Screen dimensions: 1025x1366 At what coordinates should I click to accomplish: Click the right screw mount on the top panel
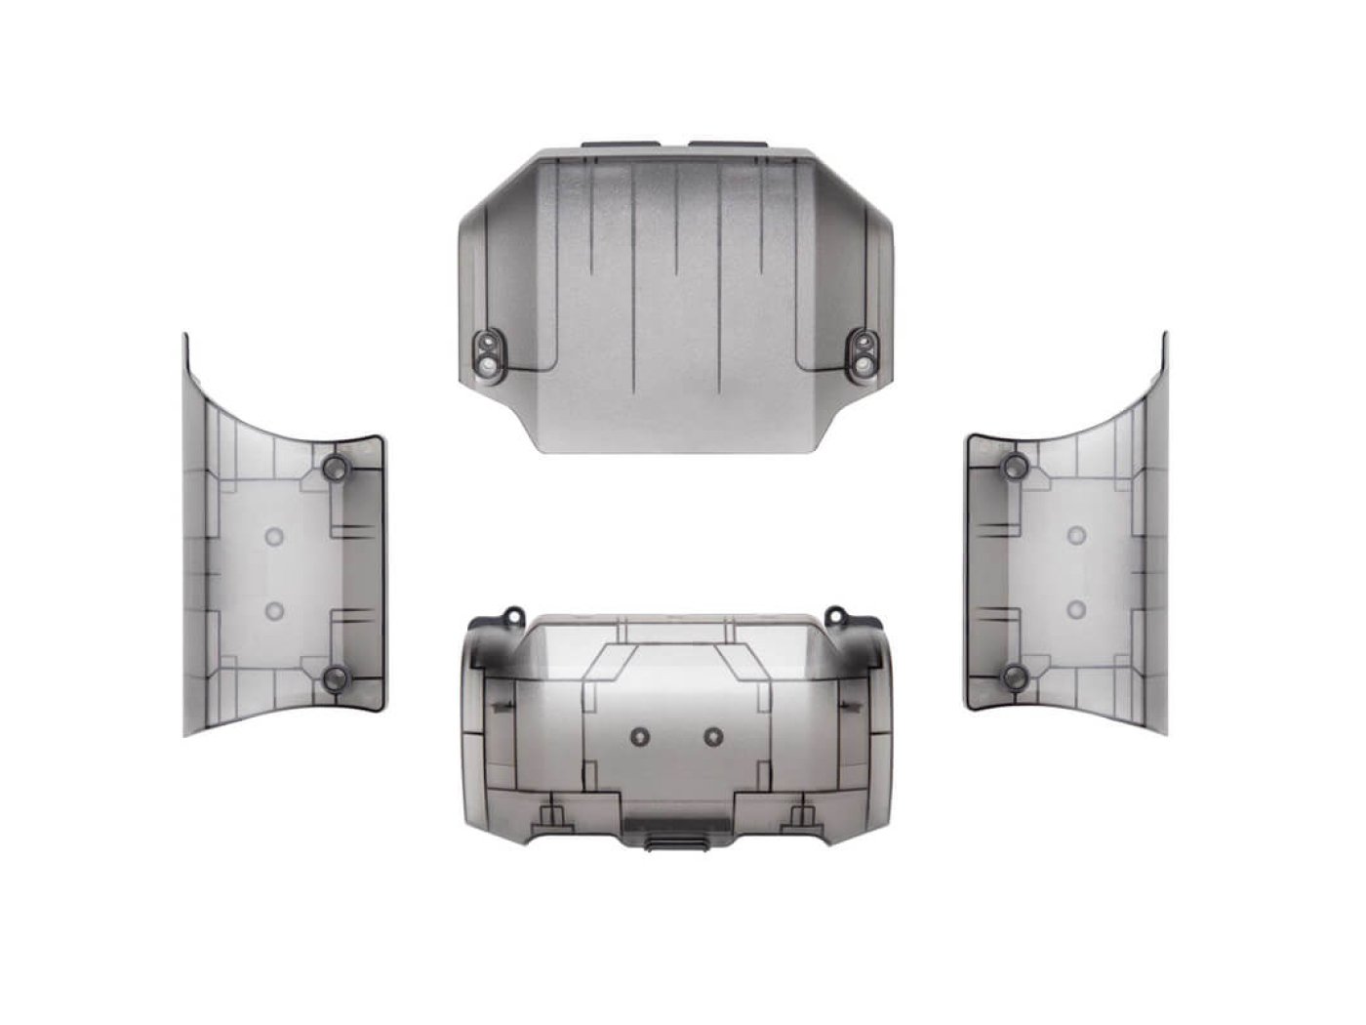point(864,352)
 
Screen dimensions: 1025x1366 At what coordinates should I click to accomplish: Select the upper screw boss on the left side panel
point(334,467)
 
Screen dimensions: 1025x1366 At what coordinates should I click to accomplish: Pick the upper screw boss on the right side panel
point(1016,467)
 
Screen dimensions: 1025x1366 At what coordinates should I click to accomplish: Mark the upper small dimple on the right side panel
point(1077,535)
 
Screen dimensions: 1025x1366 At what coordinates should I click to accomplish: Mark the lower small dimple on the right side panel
point(1077,610)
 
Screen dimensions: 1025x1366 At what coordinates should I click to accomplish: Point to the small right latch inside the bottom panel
point(803,812)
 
